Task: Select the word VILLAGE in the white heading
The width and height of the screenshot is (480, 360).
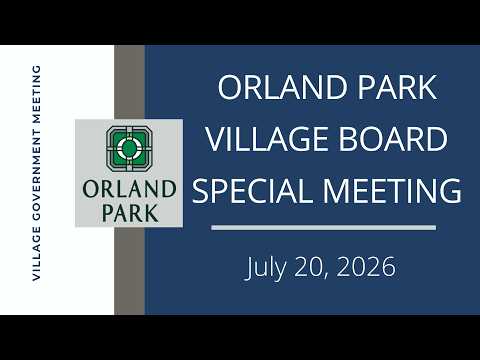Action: (x=267, y=139)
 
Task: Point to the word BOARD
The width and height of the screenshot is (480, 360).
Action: (x=393, y=139)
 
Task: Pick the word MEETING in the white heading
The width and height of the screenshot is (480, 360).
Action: (x=392, y=191)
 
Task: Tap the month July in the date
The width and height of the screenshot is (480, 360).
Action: (x=266, y=268)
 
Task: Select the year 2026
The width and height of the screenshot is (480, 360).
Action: (x=366, y=267)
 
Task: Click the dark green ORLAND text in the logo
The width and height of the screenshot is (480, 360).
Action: (x=129, y=189)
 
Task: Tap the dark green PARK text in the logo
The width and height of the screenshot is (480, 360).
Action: (x=130, y=213)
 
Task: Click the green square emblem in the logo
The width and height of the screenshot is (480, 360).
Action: (x=129, y=149)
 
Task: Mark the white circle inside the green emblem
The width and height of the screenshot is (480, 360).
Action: (x=129, y=148)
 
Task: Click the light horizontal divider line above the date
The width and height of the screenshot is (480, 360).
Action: (x=324, y=228)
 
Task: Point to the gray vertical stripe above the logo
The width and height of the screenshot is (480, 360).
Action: (x=129, y=82)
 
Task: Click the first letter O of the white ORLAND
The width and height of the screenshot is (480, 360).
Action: (x=230, y=87)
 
